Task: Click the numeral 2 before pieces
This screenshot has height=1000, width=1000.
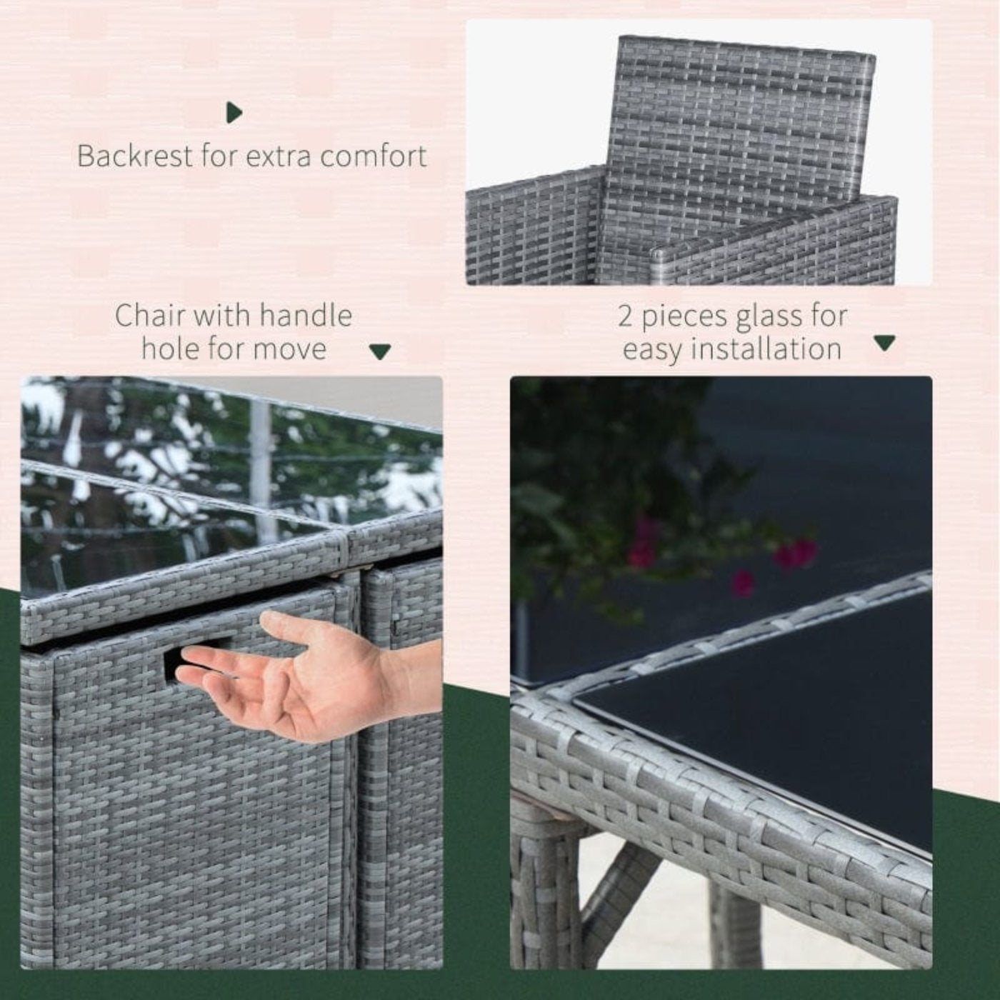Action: tap(626, 316)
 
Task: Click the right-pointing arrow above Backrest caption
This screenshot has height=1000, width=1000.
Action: tap(234, 112)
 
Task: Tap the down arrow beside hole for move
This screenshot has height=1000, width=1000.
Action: tap(380, 352)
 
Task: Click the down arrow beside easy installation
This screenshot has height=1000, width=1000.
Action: tap(884, 343)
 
